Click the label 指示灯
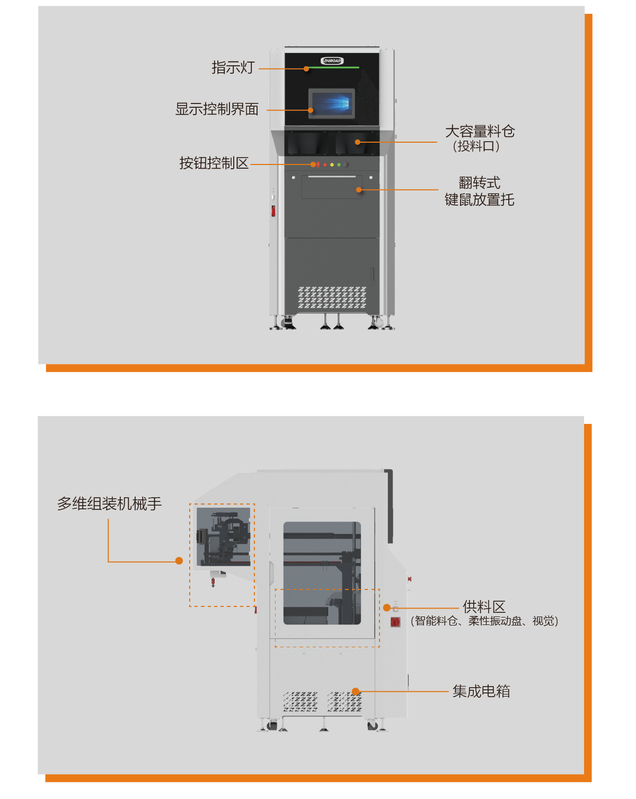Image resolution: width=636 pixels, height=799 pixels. (233, 67)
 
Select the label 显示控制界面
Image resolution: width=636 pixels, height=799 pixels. (217, 109)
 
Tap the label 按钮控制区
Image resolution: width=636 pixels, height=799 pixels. (214, 163)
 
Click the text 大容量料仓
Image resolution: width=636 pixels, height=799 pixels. (480, 131)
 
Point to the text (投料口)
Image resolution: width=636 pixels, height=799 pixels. (476, 146)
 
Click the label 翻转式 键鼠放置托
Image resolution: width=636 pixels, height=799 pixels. (479, 191)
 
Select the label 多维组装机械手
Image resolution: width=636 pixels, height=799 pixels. (109, 503)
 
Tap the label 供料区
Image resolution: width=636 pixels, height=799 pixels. (484, 606)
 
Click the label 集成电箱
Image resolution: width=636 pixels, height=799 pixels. (481, 691)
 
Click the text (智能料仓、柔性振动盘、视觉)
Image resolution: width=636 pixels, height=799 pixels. (484, 621)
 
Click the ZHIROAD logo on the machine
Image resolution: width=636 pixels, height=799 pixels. (332, 60)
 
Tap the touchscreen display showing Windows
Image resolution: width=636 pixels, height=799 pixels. (332, 102)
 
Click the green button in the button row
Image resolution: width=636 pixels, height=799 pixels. (339, 164)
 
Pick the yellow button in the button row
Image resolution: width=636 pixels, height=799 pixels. (332, 164)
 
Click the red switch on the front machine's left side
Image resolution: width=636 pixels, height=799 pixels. (273, 211)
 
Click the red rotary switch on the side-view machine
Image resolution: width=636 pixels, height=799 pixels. (395, 622)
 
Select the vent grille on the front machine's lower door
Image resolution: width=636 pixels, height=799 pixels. (332, 298)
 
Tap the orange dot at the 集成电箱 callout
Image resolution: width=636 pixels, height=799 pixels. (356, 691)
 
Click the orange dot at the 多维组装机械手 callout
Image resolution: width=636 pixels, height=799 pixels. (179, 561)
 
